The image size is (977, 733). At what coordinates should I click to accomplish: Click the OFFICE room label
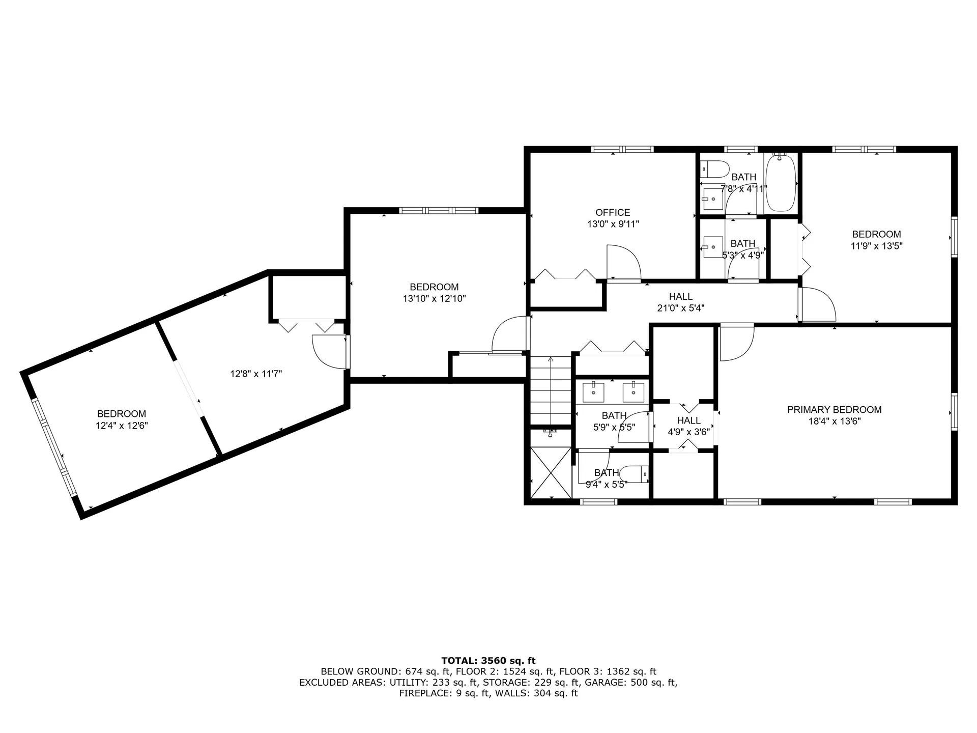point(613,212)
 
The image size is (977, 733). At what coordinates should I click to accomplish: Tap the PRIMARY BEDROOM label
point(834,410)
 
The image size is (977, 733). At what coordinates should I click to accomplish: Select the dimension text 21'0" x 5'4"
point(680,308)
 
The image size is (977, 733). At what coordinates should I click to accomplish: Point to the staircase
point(551,390)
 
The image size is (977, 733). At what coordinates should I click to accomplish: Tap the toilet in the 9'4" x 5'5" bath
point(636,474)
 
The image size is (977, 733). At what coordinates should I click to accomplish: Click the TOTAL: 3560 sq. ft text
point(489,661)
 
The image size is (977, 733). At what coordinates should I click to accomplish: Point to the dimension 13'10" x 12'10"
point(434,299)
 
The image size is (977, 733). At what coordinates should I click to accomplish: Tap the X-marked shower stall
point(551,472)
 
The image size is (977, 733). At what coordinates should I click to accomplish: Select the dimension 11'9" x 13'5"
point(876,246)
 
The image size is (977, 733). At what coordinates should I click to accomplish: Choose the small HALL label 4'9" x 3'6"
point(688,427)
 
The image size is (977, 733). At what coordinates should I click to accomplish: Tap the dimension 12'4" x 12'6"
point(122,426)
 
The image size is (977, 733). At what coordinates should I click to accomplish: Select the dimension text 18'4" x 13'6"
point(834,421)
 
